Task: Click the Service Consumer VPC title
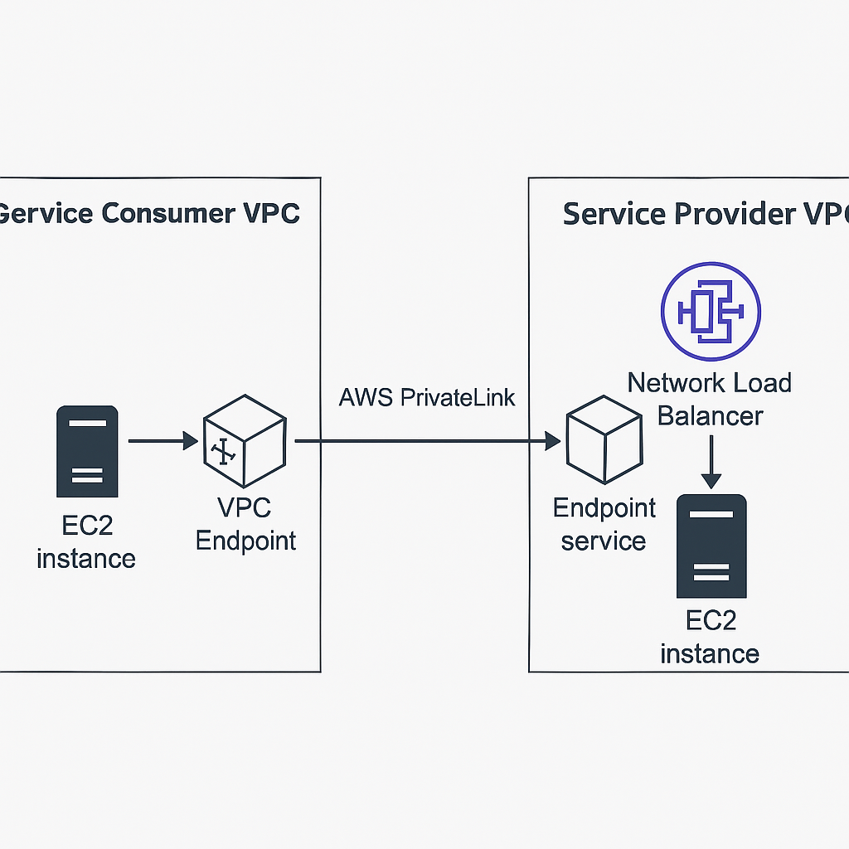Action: pyautogui.click(x=149, y=213)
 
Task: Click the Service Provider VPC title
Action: pyautogui.click(x=705, y=213)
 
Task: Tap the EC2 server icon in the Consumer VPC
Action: pyautogui.click(x=86, y=452)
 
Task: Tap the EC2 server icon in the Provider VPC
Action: pyautogui.click(x=711, y=546)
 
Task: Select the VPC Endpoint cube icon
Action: pyautogui.click(x=245, y=441)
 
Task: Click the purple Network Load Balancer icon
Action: pyautogui.click(x=711, y=311)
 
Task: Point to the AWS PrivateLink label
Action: pyautogui.click(x=427, y=397)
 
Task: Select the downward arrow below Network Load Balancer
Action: pyautogui.click(x=711, y=466)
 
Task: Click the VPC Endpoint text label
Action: pyautogui.click(x=245, y=524)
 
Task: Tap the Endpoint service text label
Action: pyautogui.click(x=604, y=524)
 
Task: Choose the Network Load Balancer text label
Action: pyautogui.click(x=710, y=399)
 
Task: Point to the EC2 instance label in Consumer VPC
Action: pyautogui.click(x=86, y=542)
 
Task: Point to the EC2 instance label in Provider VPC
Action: pyautogui.click(x=710, y=637)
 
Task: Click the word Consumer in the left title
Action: pyautogui.click(x=168, y=213)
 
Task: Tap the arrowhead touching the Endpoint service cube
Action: pyautogui.click(x=552, y=442)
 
